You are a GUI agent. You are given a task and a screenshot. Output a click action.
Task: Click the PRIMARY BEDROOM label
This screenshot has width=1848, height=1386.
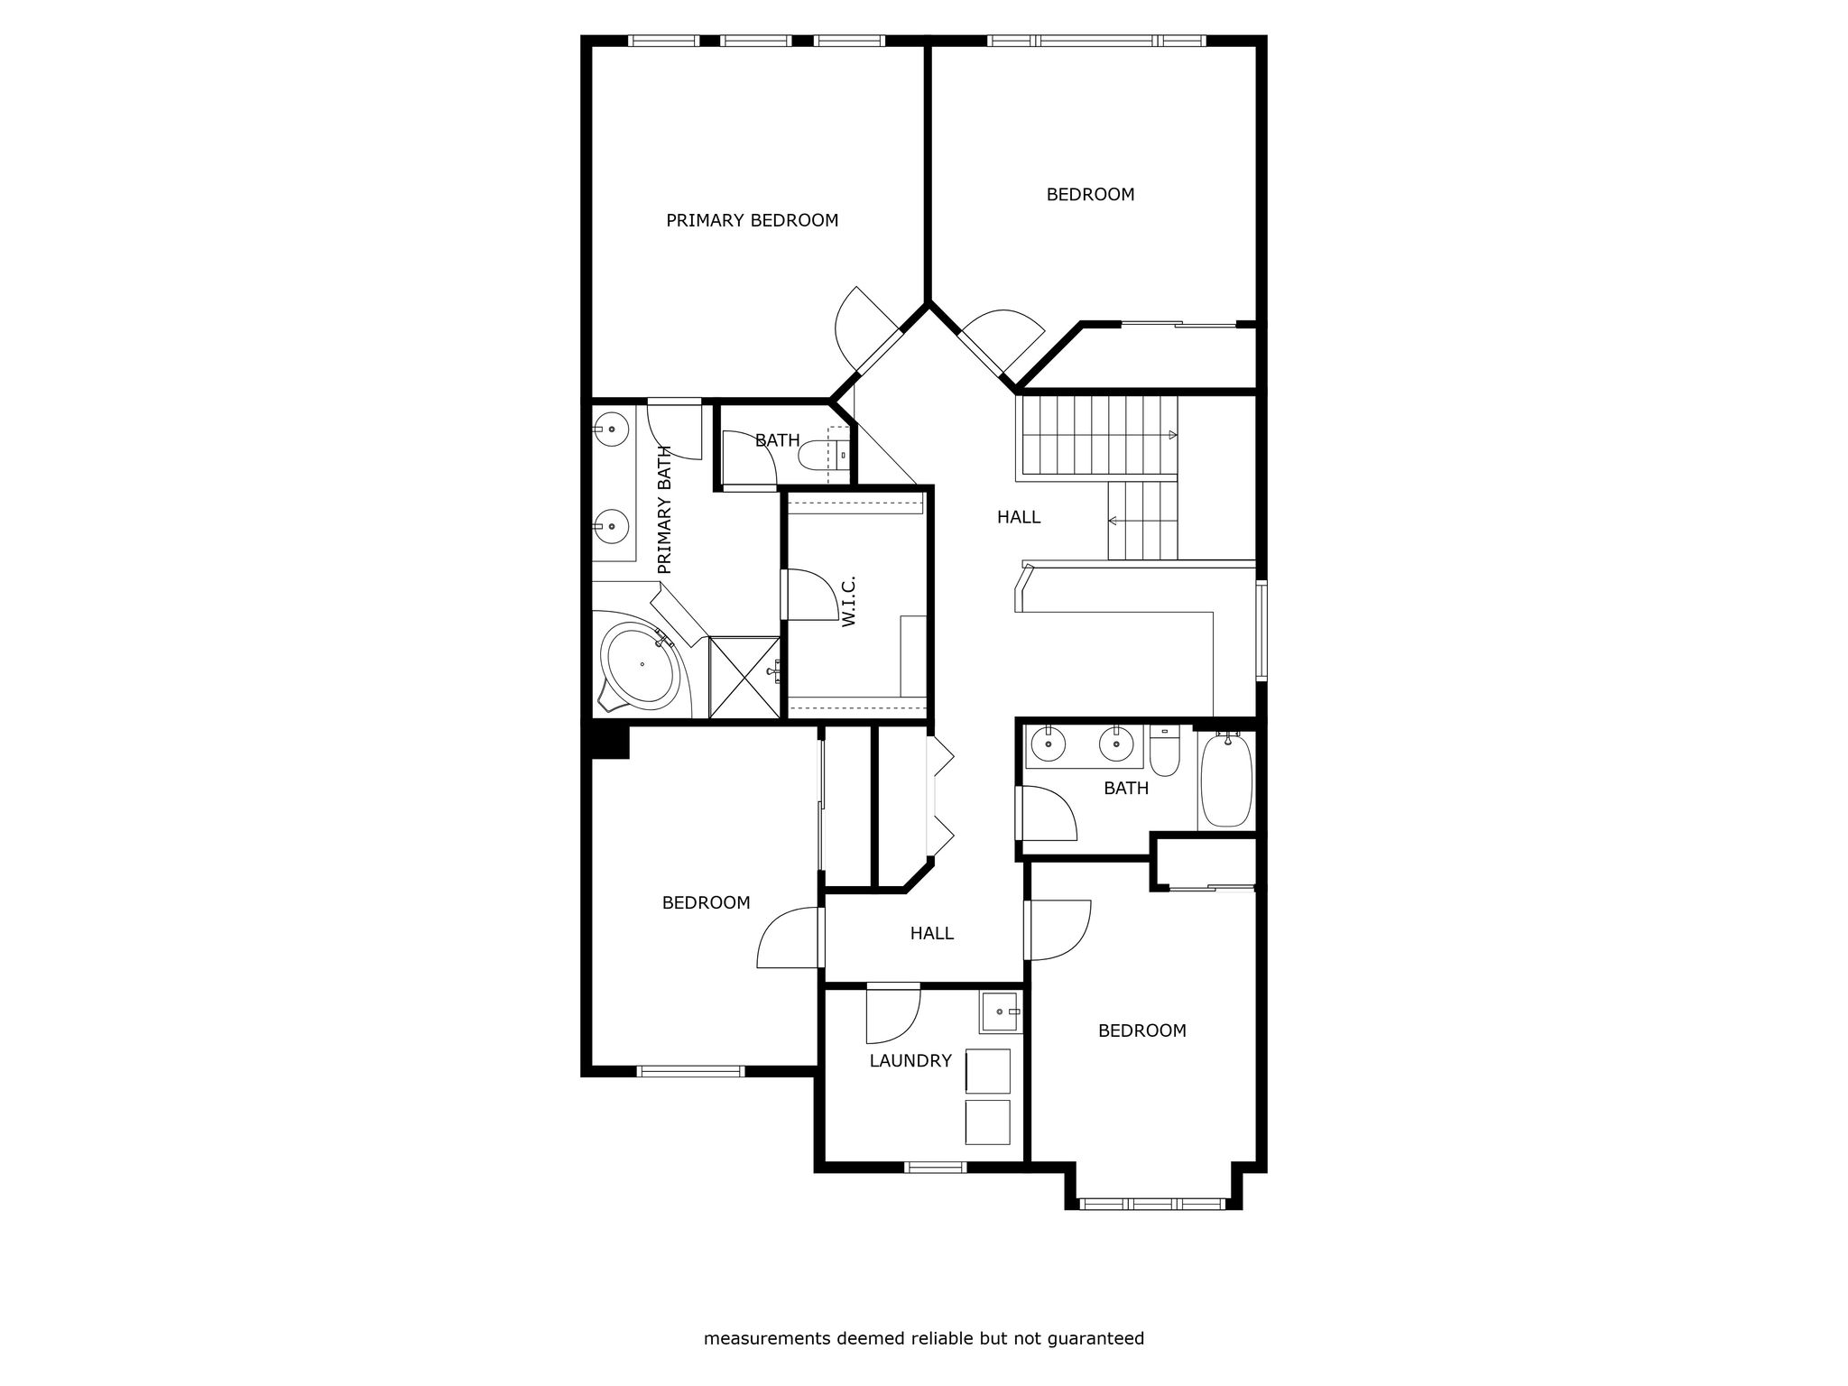(752, 220)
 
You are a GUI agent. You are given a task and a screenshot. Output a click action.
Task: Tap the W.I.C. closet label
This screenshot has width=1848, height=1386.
(847, 602)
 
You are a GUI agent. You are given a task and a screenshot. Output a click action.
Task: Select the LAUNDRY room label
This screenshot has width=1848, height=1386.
(910, 1061)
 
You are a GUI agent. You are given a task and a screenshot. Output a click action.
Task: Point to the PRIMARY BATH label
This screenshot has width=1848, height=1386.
(665, 510)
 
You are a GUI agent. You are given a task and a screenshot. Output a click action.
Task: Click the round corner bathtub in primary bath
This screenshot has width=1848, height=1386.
(642, 665)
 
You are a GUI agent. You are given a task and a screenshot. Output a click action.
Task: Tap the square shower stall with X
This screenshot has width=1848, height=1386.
(744, 678)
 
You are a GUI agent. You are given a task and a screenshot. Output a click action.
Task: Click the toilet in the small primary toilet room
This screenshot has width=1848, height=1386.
(823, 456)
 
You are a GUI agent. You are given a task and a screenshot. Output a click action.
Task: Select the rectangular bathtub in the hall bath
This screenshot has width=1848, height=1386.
(1226, 781)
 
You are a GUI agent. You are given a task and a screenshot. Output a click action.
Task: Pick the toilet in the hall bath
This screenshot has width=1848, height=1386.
(1165, 751)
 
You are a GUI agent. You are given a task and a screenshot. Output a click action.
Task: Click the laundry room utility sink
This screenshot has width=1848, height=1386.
(1000, 1012)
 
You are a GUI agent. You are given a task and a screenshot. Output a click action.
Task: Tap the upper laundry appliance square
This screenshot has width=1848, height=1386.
(988, 1071)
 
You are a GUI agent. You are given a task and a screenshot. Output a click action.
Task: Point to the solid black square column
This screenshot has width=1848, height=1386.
(610, 741)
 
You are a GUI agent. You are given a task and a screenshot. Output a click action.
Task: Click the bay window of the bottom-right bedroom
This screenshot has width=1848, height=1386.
(1152, 1203)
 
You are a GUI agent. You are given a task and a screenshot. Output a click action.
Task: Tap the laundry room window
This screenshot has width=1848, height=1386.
(936, 1167)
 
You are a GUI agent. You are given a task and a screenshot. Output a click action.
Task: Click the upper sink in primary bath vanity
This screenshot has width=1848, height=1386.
(612, 429)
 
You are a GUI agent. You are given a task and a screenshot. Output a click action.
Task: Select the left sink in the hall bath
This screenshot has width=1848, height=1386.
(1049, 744)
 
